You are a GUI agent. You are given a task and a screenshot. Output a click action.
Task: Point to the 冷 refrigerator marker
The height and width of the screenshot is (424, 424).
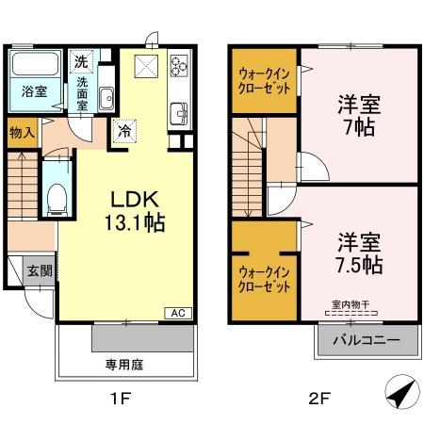[123, 131]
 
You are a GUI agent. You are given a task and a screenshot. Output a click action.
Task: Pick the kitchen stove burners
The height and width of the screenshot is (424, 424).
[178, 66]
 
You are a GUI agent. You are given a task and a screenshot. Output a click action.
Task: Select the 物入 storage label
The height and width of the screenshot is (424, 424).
[23, 133]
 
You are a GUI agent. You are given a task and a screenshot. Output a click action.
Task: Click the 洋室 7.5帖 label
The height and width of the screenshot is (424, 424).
[357, 253]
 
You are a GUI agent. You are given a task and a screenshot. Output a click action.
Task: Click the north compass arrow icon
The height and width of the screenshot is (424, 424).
[400, 390]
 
